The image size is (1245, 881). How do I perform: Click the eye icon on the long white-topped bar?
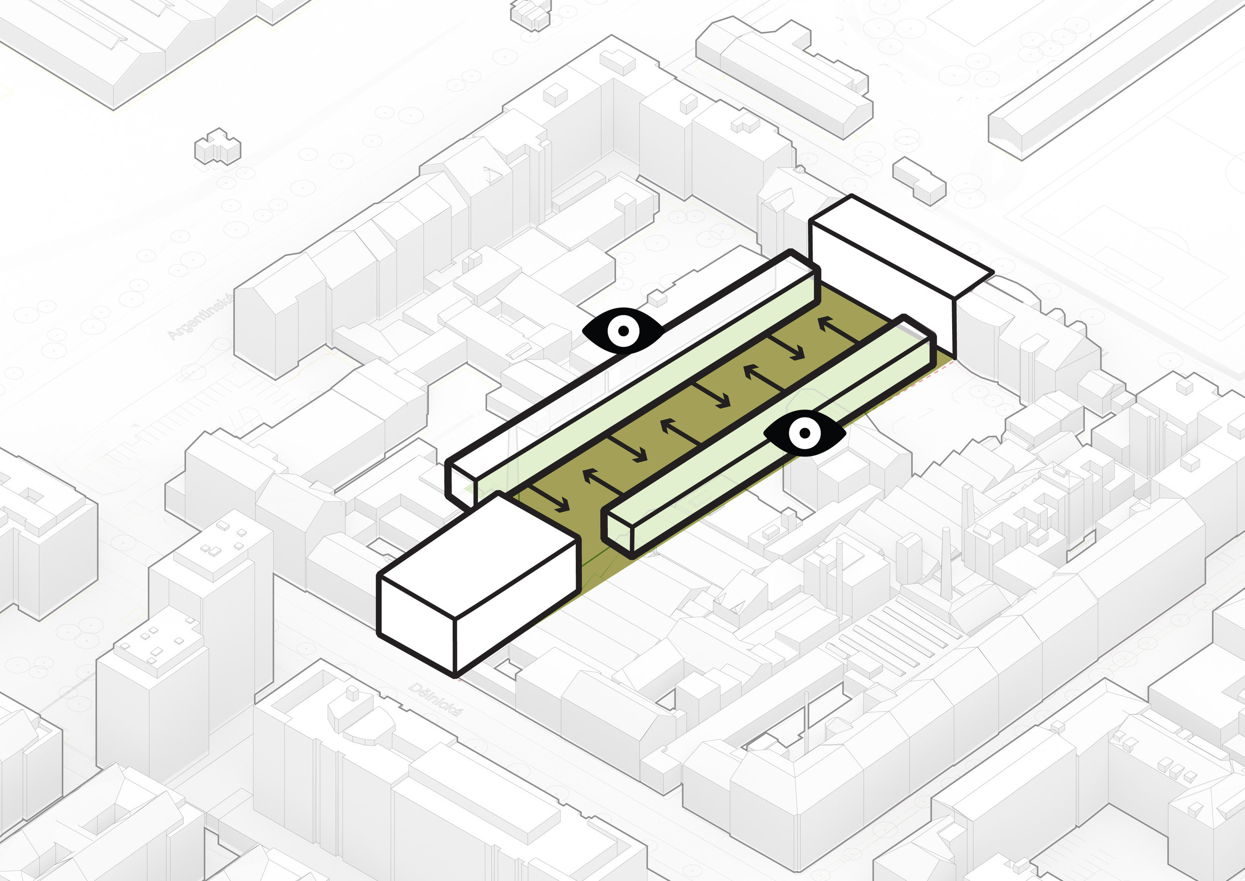(623, 330)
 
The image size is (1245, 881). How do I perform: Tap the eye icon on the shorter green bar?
(805, 433)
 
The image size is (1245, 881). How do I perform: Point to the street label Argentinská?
(201, 317)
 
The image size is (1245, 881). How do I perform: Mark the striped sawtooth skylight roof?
(895, 640)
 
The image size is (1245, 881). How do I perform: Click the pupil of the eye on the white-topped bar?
(623, 330)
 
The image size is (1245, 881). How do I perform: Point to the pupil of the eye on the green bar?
(805, 433)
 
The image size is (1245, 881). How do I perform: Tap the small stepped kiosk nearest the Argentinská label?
(218, 147)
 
